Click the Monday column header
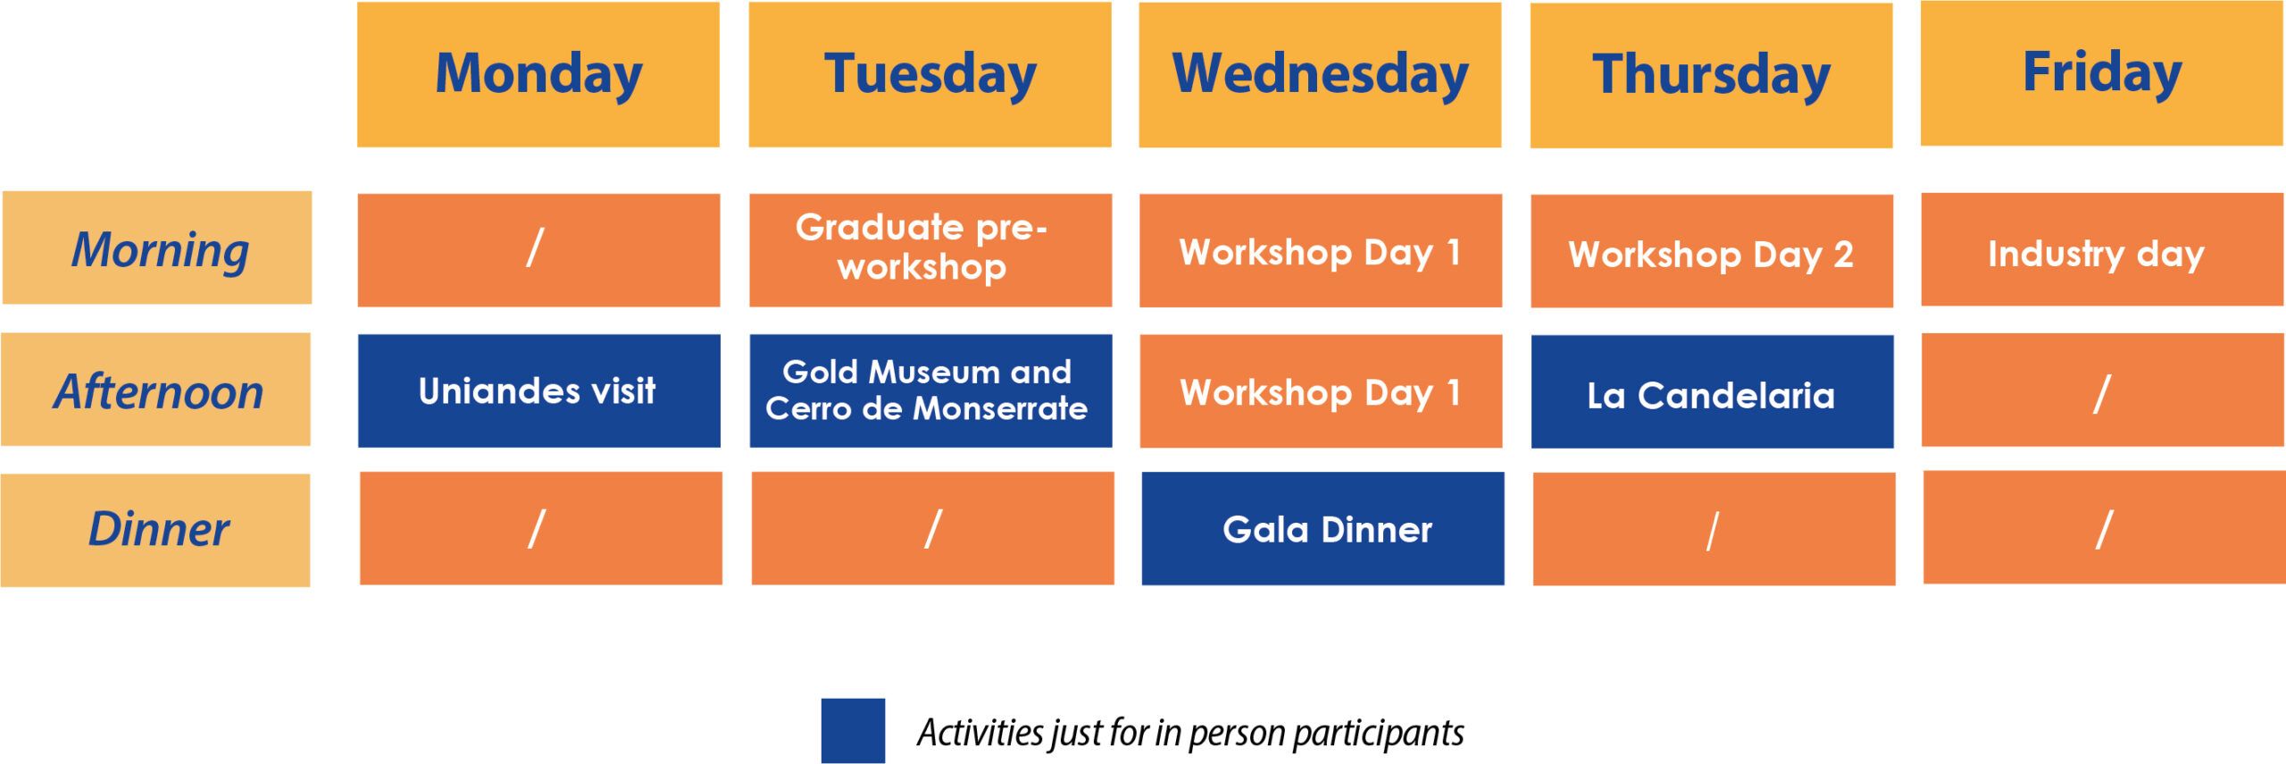point(538,74)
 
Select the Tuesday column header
point(930,74)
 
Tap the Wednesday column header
point(1320,75)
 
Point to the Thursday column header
point(1711,75)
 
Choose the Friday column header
point(2102,73)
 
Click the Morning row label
point(157,248)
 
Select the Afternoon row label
point(156,390)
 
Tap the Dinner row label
point(155,530)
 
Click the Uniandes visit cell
point(539,390)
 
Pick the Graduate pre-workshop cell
point(930,250)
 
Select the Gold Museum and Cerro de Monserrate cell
point(930,390)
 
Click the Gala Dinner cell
point(1322,529)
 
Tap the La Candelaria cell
point(1712,391)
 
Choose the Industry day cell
point(2103,249)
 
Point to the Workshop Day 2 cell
point(1712,251)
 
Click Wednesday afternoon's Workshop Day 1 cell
point(1321,391)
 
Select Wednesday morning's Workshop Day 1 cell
point(1321,250)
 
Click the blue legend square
point(853,731)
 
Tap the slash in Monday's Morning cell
point(535,247)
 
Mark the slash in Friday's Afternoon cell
point(2102,393)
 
